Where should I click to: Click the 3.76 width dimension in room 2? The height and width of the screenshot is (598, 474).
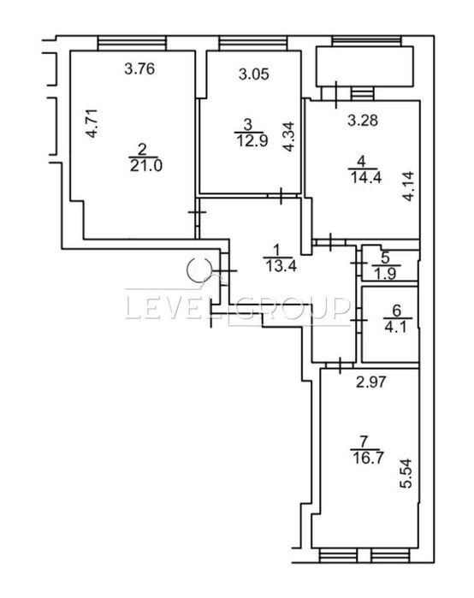(139, 69)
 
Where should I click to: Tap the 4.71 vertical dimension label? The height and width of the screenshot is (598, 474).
(92, 123)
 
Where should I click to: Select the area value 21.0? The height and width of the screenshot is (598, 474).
(146, 166)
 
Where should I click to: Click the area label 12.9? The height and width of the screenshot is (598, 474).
(252, 140)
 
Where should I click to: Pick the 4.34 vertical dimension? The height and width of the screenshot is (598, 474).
(289, 137)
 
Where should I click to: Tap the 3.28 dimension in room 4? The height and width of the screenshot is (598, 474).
(363, 120)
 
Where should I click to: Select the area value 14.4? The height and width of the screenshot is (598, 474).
(365, 177)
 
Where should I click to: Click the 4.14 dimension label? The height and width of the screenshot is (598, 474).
(408, 187)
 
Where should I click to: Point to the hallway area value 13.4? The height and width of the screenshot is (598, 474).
(281, 266)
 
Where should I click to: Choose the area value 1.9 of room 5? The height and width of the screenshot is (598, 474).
(386, 275)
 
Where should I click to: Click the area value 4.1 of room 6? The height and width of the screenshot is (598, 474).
(397, 328)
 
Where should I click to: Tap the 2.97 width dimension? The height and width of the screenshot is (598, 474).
(371, 382)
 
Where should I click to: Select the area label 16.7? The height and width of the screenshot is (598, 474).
(367, 458)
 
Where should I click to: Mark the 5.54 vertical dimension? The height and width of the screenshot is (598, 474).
(405, 473)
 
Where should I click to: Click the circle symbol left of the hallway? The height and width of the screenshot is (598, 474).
(198, 270)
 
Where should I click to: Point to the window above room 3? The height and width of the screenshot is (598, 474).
(252, 43)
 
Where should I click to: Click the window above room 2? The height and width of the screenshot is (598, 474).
(132, 43)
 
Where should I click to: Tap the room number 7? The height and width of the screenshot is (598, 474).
(364, 442)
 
